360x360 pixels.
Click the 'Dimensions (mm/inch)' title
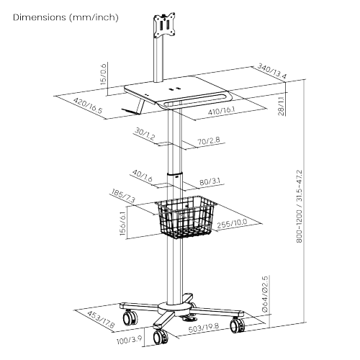[66, 17]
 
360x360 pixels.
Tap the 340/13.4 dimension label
[272, 71]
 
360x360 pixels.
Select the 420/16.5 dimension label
[88, 106]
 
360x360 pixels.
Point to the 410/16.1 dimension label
[221, 111]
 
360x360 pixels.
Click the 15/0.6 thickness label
[103, 74]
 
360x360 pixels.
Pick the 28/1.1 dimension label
[282, 106]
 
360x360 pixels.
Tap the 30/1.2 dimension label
[145, 134]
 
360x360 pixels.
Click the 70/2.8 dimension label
[209, 141]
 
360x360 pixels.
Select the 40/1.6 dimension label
[143, 176]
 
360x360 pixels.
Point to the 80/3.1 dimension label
[210, 181]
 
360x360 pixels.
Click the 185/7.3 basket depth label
[123, 196]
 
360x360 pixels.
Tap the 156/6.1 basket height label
[122, 223]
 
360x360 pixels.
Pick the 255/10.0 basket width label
[232, 223]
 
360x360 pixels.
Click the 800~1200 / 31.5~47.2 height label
[300, 207]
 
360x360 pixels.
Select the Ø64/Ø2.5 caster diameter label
[265, 294]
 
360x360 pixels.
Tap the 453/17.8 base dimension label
[101, 320]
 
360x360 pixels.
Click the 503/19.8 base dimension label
[204, 328]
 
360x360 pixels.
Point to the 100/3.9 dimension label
[129, 341]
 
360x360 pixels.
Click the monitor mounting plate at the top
[164, 25]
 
